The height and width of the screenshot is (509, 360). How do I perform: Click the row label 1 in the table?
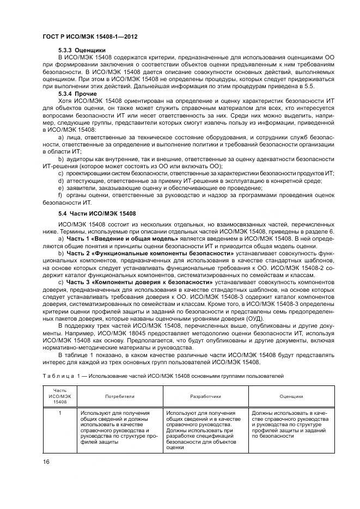pos(60,414)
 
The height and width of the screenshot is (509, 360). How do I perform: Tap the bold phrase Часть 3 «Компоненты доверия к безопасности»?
pos(139,282)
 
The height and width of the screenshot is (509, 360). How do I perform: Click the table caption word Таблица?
pos(56,376)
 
